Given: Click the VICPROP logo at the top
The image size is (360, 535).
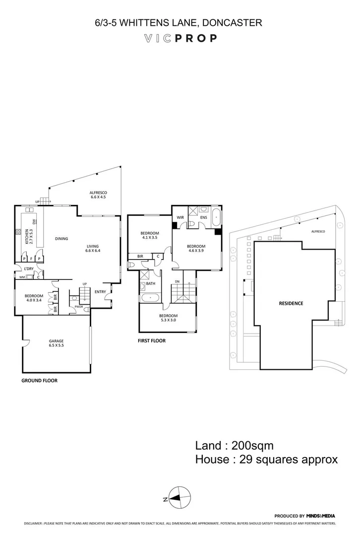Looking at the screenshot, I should coord(180,38).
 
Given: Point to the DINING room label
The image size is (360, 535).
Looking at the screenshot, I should coord(61,239).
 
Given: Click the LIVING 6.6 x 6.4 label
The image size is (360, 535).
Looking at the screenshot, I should coord(93,248).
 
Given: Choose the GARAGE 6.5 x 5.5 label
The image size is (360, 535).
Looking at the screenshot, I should coord(56,343).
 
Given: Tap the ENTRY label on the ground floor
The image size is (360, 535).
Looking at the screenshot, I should coord(100,292).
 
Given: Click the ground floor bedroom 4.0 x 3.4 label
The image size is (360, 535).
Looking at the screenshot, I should coord(34,298).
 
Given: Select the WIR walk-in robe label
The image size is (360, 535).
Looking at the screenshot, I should coord(180,217).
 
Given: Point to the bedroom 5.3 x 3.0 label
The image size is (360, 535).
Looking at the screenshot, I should coord(168,318).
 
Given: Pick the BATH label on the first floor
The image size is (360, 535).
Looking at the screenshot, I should coord(150,284).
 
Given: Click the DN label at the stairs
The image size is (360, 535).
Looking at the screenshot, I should coord(177,282).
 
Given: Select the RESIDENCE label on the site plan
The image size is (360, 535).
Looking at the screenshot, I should coord(291,303).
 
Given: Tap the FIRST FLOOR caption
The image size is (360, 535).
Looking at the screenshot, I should coord(152,341).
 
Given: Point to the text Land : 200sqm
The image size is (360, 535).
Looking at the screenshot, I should coord(234,445).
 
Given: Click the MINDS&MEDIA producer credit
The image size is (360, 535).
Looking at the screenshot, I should coord(321,516).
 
